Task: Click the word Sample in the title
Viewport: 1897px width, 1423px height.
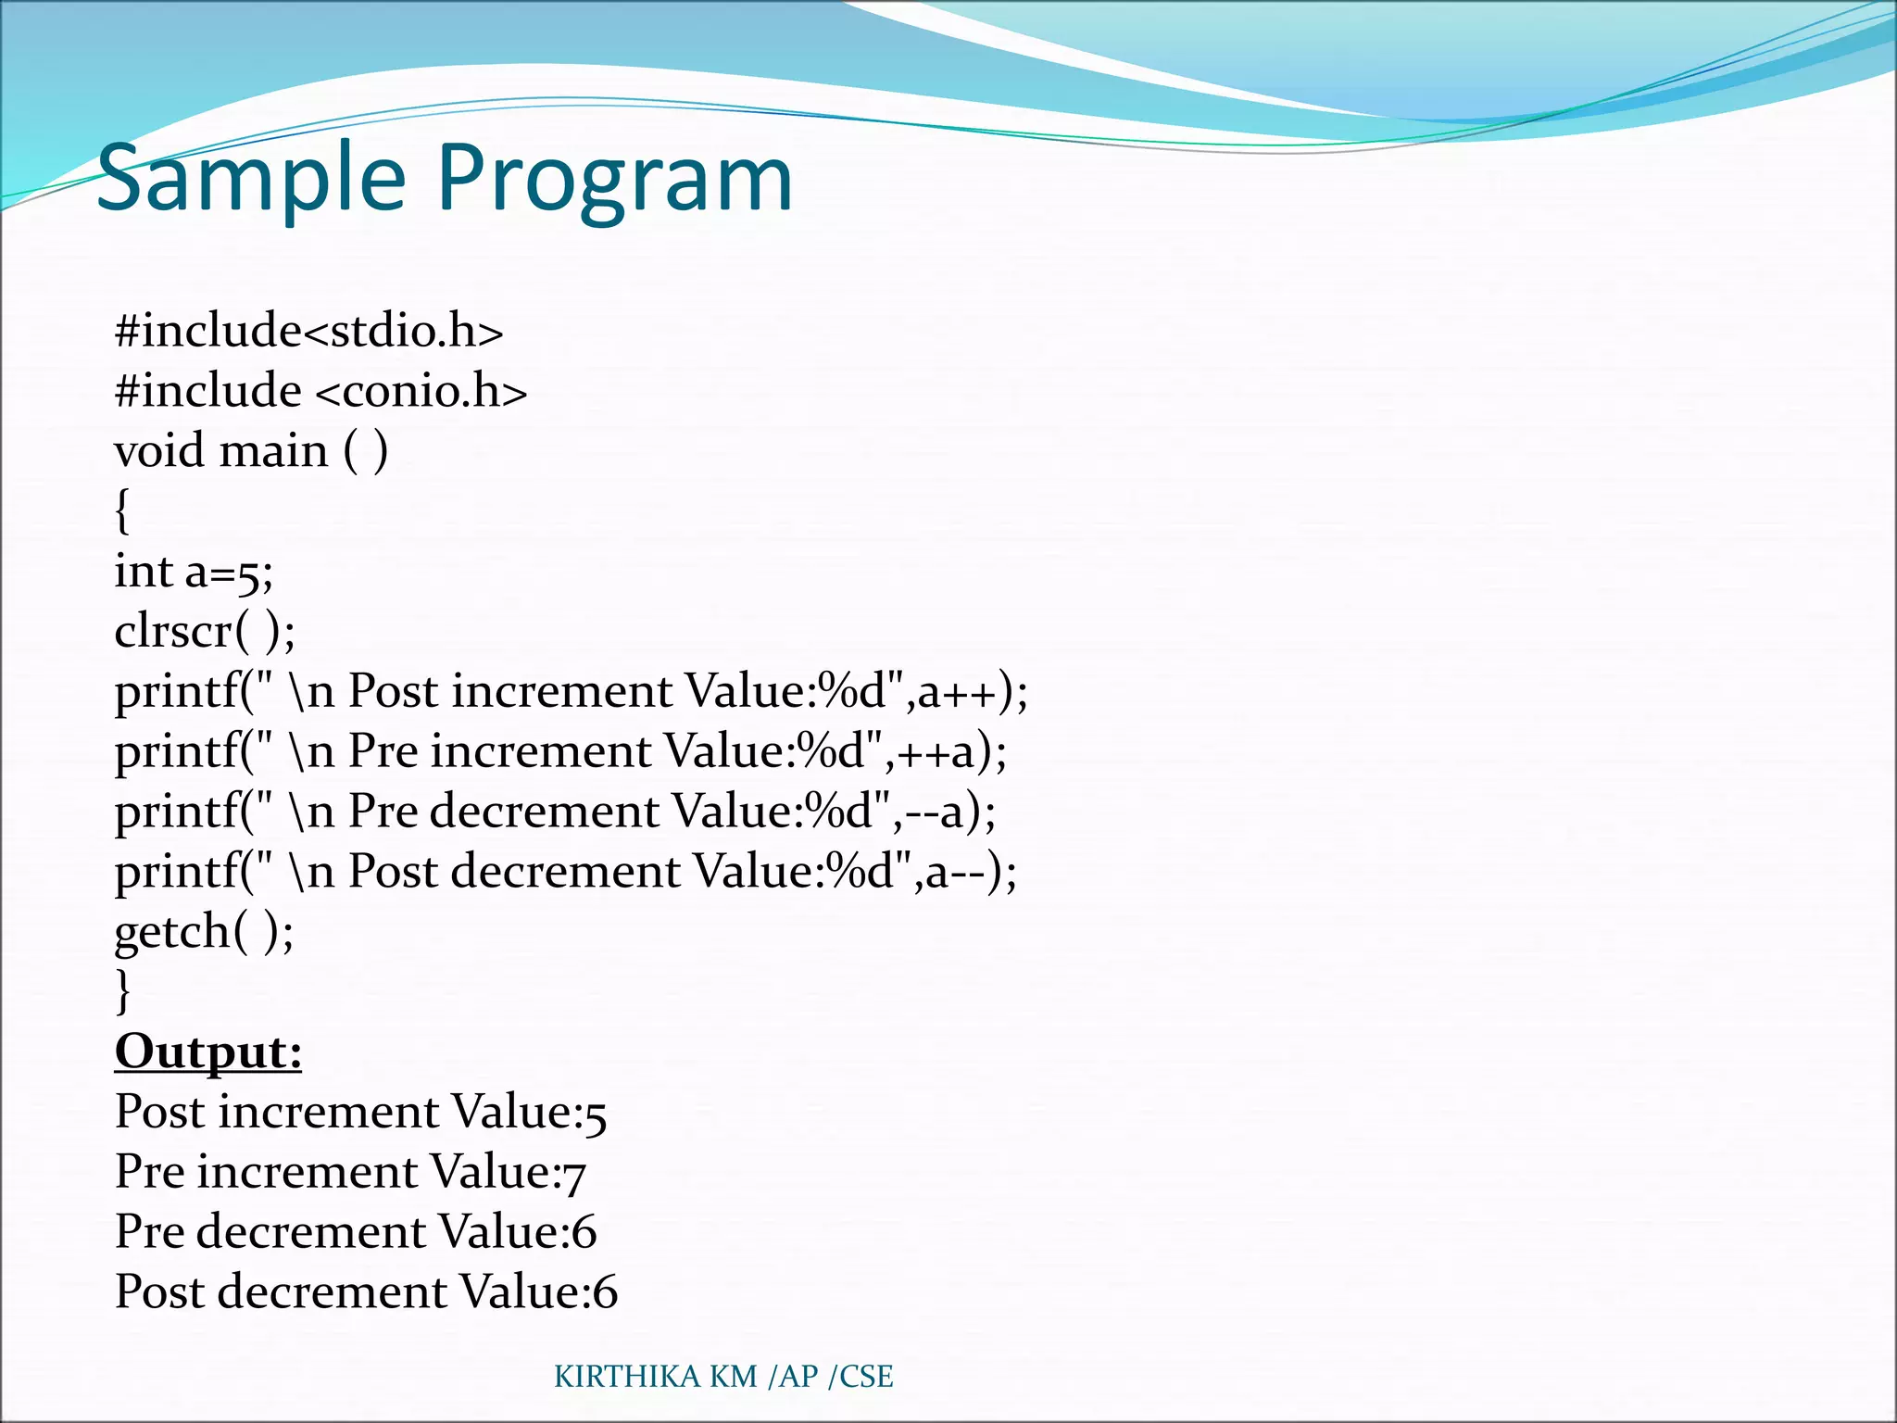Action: pyautogui.click(x=251, y=179)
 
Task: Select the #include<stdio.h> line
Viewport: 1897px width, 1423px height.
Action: pyautogui.click(x=308, y=332)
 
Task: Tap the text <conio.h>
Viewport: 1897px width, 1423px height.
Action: pyautogui.click(x=421, y=391)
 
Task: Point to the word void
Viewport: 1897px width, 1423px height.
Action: pyautogui.click(x=158, y=451)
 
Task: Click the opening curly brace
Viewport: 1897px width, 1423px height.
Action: pyautogui.click(x=122, y=511)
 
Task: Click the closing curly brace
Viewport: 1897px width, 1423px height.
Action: pyautogui.click(x=122, y=990)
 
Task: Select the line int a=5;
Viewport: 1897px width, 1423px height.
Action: pyautogui.click(x=194, y=572)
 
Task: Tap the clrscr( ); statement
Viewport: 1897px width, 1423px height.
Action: pyautogui.click(x=205, y=632)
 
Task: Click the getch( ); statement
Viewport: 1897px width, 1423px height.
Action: pyautogui.click(x=204, y=931)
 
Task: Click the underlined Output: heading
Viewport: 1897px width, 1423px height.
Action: pyautogui.click(x=208, y=1052)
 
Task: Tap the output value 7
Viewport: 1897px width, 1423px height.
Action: pyautogui.click(x=574, y=1175)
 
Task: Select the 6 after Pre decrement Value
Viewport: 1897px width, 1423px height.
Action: pyautogui.click(x=584, y=1232)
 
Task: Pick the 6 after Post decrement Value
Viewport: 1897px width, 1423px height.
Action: pyautogui.click(x=605, y=1292)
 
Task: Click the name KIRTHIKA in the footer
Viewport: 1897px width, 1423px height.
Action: pyautogui.click(x=627, y=1377)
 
